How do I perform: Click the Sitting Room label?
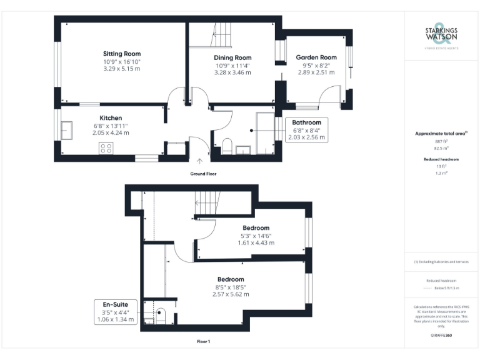[x=122, y=54]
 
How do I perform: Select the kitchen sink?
[x=66, y=130]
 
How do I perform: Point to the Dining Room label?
[x=233, y=57]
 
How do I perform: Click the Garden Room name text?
[x=316, y=57]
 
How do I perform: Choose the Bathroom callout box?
[x=306, y=129]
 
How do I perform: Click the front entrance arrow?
[x=199, y=161]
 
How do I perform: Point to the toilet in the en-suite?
[x=160, y=316]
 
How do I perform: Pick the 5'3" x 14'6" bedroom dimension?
[x=255, y=236]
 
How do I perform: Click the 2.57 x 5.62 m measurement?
[x=231, y=294]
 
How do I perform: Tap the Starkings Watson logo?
[x=441, y=37]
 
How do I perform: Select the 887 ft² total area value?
[x=441, y=142]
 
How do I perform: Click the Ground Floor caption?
[x=203, y=173]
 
